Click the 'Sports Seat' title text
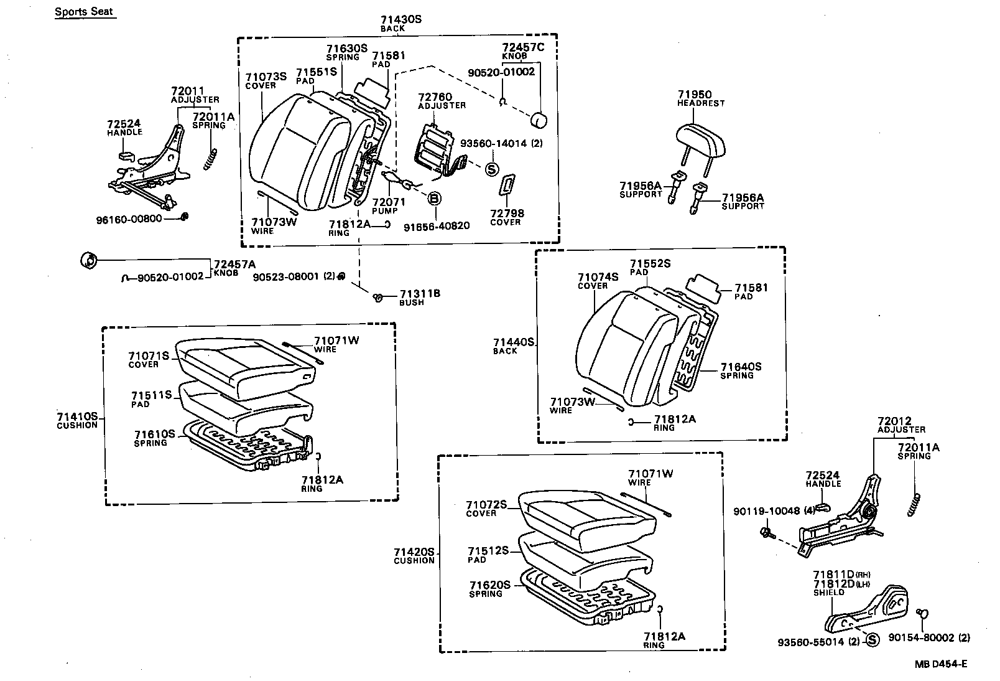(x=85, y=11)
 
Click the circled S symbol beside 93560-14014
(x=492, y=169)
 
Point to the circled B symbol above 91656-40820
(x=434, y=199)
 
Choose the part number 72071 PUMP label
(x=389, y=206)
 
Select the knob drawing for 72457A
(x=89, y=260)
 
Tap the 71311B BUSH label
(x=419, y=297)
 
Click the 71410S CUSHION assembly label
(x=77, y=420)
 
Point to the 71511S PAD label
(x=151, y=399)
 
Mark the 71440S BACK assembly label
(x=514, y=346)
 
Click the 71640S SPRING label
(x=741, y=371)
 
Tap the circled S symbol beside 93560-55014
(x=872, y=640)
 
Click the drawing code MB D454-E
(x=940, y=664)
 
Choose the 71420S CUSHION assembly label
(x=414, y=555)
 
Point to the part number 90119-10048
(x=767, y=511)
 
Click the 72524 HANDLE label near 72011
(x=124, y=128)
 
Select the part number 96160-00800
(x=129, y=218)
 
